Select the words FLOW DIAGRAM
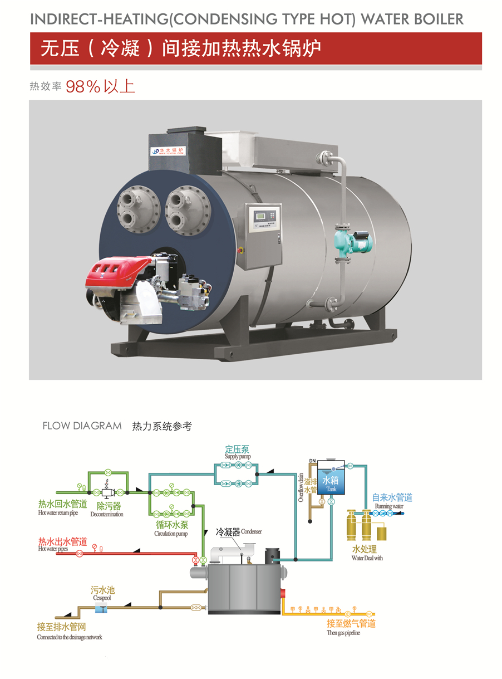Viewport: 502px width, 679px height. tap(82, 426)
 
